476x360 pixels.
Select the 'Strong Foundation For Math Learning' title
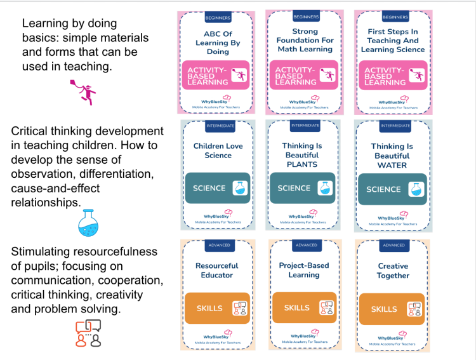[305, 40]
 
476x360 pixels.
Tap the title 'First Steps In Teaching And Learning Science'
[393, 40]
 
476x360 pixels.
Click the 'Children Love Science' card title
[218, 150]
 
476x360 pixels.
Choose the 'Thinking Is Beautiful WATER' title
[392, 156]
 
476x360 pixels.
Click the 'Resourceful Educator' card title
[217, 270]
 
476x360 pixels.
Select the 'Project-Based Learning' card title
[304, 270]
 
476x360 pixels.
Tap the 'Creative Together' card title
[393, 271]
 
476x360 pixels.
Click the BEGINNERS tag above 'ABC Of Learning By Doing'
[218, 17]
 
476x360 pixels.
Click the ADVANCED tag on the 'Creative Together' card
[393, 245]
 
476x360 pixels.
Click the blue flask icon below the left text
[89, 222]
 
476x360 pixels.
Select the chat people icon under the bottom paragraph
[88, 333]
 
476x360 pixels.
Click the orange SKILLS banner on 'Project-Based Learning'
[304, 308]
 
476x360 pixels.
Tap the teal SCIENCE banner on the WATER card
[392, 189]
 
